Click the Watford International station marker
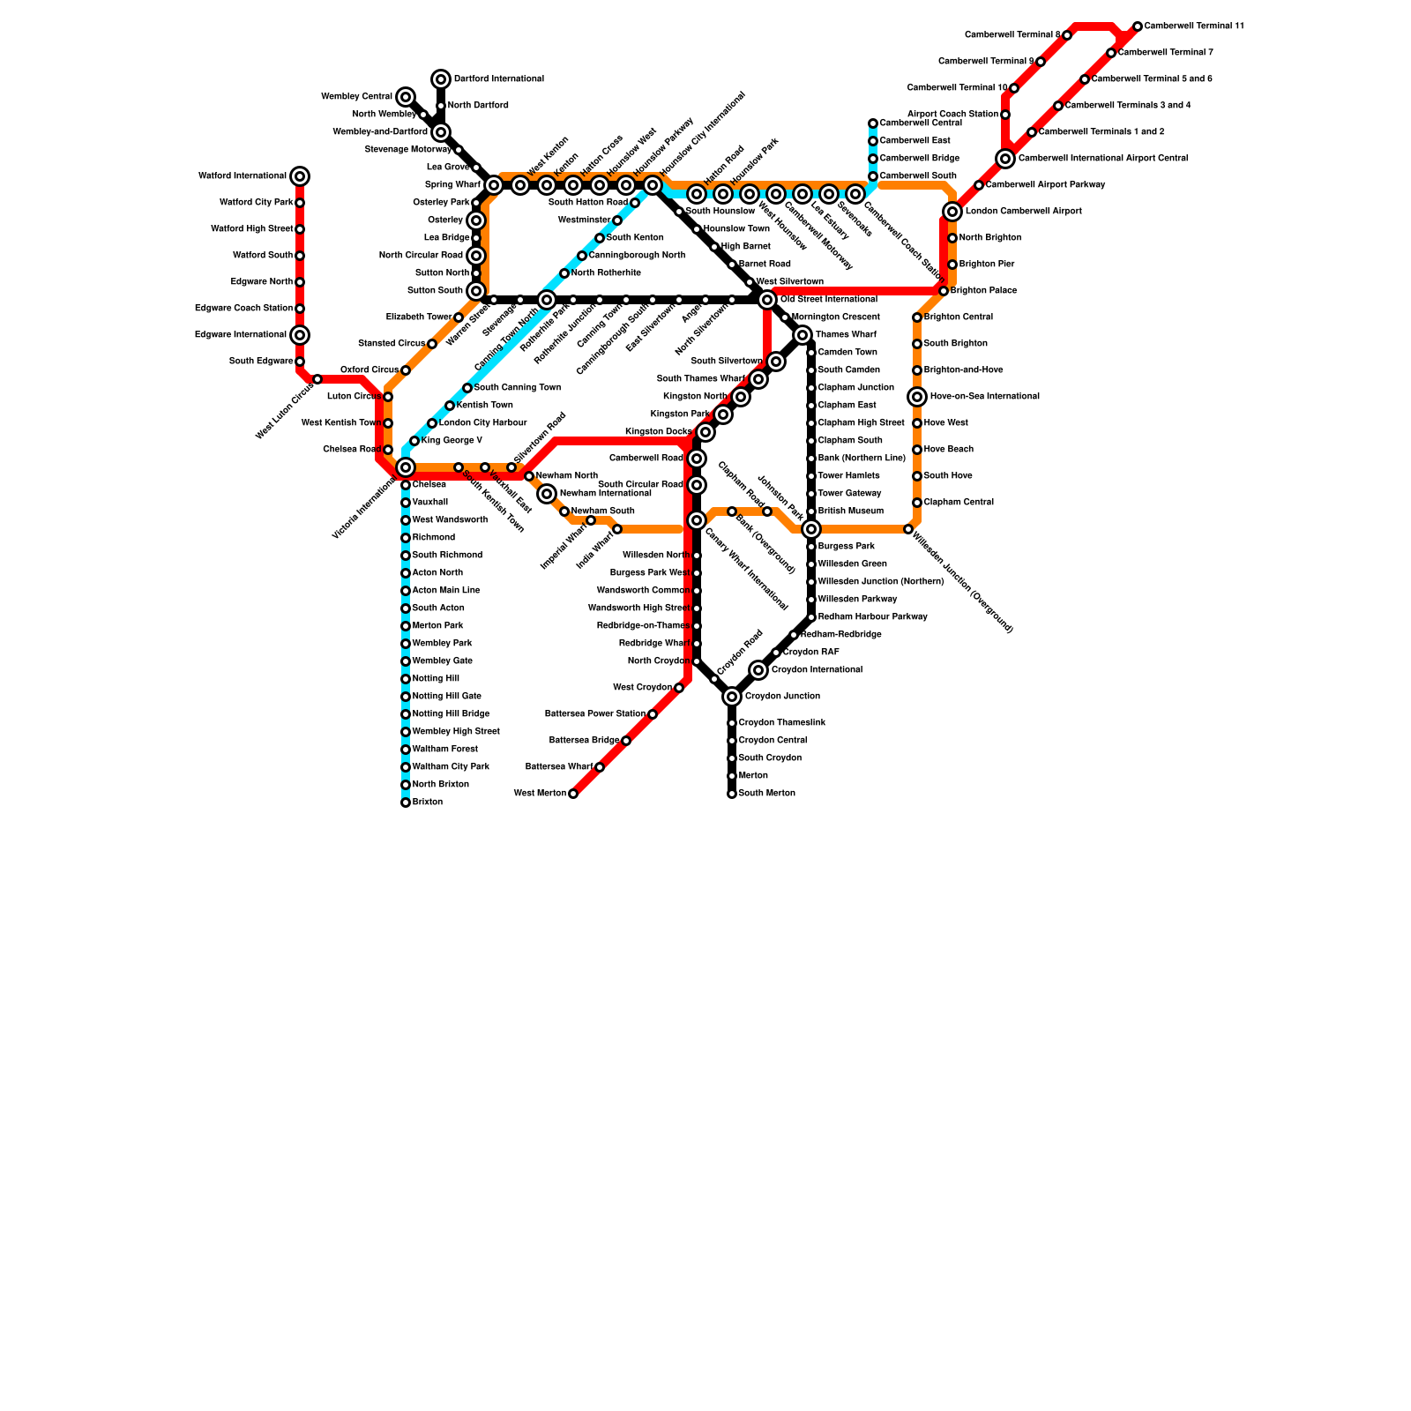pos(300,176)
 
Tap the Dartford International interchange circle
pos(441,79)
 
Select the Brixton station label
pos(428,803)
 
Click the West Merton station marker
pos(573,794)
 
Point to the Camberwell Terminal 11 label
pos(1194,26)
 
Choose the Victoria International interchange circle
pos(406,467)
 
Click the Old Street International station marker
pos(767,300)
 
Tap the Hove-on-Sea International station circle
pos(917,397)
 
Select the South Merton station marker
pos(732,794)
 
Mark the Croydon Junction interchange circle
pos(732,697)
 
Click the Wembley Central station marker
pos(406,97)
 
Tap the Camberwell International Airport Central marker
pos(1005,159)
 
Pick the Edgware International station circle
pos(300,335)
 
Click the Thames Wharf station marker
pos(803,335)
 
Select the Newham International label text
pos(606,494)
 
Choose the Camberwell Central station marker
pos(873,123)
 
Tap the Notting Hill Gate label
pos(447,697)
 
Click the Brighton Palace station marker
pos(944,291)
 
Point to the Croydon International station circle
pos(758,670)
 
